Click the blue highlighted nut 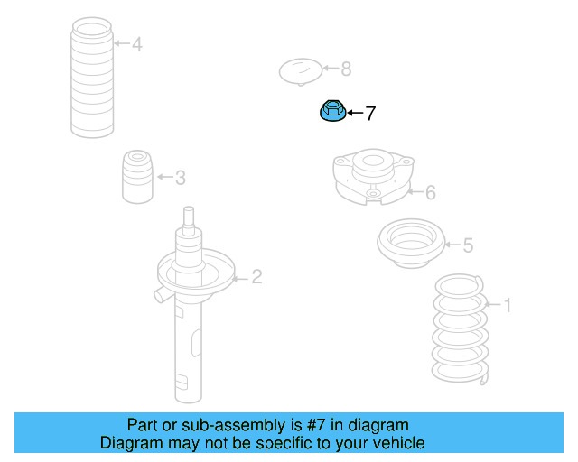click(x=331, y=113)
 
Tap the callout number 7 click(x=369, y=114)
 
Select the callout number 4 click(x=136, y=43)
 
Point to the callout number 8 click(x=346, y=69)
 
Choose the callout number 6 click(x=430, y=192)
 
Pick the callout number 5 click(x=467, y=245)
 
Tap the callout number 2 click(x=256, y=277)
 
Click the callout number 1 click(x=507, y=306)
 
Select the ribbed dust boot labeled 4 click(x=92, y=81)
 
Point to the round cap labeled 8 click(x=300, y=70)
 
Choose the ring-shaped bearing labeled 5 click(x=412, y=244)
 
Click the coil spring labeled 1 click(x=460, y=328)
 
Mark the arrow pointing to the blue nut click(x=353, y=114)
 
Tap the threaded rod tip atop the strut click(x=188, y=217)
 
